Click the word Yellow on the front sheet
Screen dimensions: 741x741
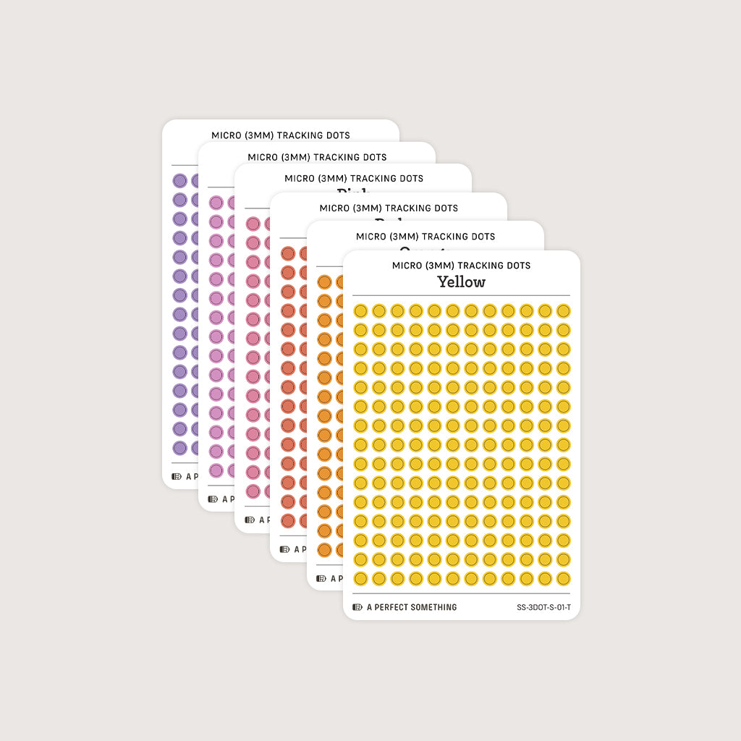[461, 281]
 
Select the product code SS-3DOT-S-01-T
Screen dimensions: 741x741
[543, 607]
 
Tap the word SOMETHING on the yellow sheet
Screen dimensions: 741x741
[433, 607]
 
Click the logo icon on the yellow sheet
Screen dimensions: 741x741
[357, 607]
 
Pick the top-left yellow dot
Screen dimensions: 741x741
[360, 311]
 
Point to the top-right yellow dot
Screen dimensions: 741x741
[563, 311]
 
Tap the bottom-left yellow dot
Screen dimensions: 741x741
[360, 578]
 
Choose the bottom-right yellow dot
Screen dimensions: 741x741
[563, 578]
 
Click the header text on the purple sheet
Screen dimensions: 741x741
[281, 135]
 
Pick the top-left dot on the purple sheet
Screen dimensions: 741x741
[180, 181]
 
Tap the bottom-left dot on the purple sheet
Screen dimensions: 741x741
[180, 448]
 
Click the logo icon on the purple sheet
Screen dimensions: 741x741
[177, 477]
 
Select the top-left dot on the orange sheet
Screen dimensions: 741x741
[324, 282]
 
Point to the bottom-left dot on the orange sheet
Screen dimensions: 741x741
[324, 549]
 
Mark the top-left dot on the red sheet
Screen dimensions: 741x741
[288, 253]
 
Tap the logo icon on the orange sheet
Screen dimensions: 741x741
[321, 578]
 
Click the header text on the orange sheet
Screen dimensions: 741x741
[425, 237]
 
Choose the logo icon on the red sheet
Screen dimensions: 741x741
[285, 549]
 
